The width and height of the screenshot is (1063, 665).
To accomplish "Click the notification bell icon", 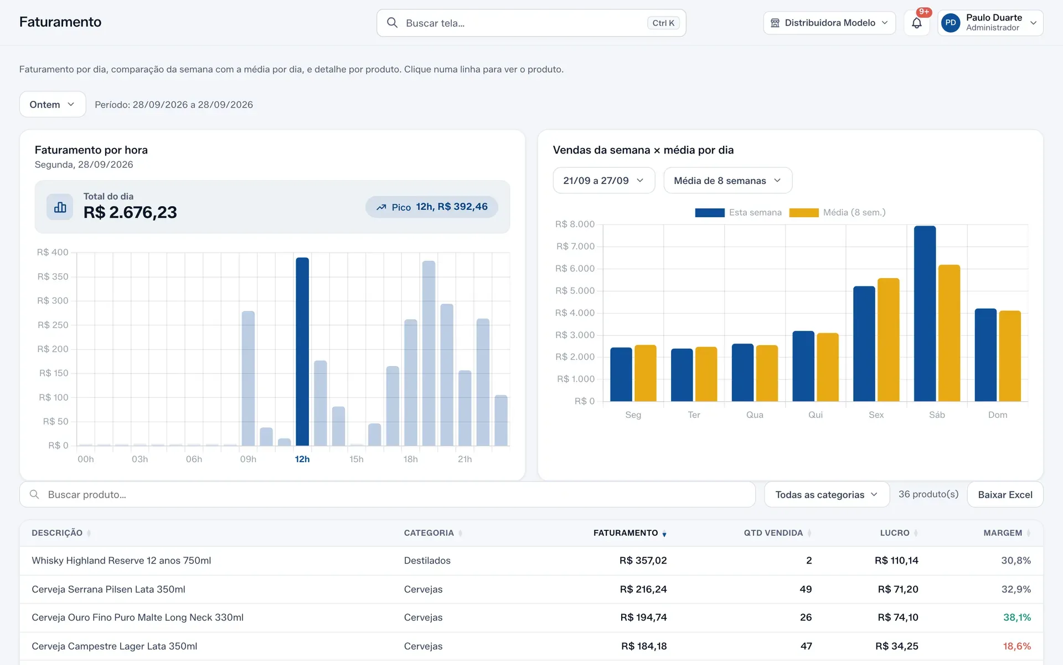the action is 917,23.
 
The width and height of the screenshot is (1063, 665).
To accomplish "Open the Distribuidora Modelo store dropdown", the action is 829,23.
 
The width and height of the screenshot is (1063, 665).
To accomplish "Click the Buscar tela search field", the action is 531,23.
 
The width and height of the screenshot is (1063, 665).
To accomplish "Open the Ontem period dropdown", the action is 53,104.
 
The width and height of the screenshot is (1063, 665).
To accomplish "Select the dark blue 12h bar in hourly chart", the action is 302,351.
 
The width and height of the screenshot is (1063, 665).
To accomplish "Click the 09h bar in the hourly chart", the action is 249,378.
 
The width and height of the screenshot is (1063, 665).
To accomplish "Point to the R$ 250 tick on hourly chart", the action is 53,325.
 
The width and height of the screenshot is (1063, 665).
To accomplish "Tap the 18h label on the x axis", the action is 410,459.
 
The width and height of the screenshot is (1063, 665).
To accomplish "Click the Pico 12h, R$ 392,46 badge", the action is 432,207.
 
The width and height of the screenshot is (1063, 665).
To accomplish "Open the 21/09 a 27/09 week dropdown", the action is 604,181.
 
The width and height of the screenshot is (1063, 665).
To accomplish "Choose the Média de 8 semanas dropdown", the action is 728,181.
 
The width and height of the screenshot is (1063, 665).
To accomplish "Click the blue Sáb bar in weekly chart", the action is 925,313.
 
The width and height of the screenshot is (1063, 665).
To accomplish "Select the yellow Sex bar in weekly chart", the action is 889,340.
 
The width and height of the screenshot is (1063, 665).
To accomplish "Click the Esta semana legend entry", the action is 739,212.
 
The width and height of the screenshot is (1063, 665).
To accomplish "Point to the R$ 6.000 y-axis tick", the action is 575,268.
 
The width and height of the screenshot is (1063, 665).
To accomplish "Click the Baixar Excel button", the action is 1005,494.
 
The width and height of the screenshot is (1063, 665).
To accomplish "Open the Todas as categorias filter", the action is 827,494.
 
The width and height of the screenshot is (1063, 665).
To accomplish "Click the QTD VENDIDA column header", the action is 773,533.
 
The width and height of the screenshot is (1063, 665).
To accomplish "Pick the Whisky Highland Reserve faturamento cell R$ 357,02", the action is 643,560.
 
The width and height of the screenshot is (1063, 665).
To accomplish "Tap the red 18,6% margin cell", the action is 1016,646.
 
